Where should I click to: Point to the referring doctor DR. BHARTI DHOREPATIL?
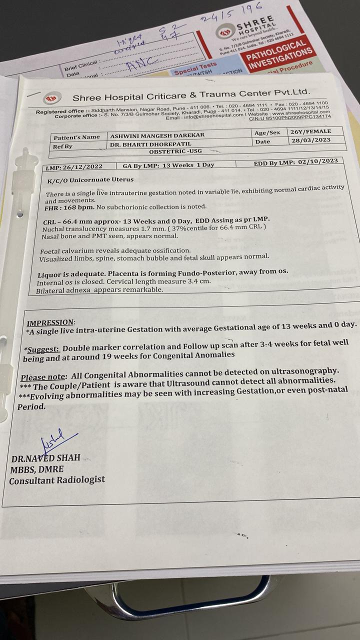pos(154,145)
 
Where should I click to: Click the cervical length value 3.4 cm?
pos(203,281)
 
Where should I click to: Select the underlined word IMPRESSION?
pos(50,323)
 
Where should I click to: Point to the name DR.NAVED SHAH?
pos(45,458)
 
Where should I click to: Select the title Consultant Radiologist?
pos(57,480)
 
